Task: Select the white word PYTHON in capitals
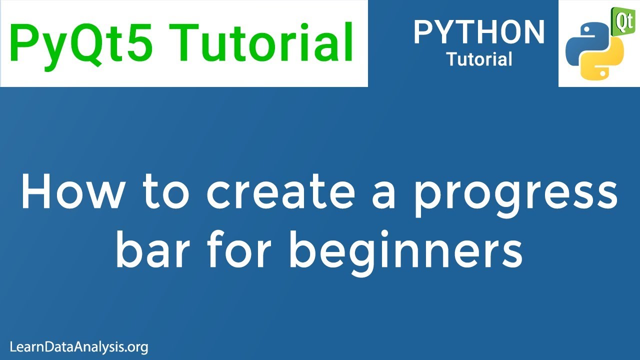478,32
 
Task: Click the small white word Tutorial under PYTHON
479,59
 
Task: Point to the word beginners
405,251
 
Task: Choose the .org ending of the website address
137,347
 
